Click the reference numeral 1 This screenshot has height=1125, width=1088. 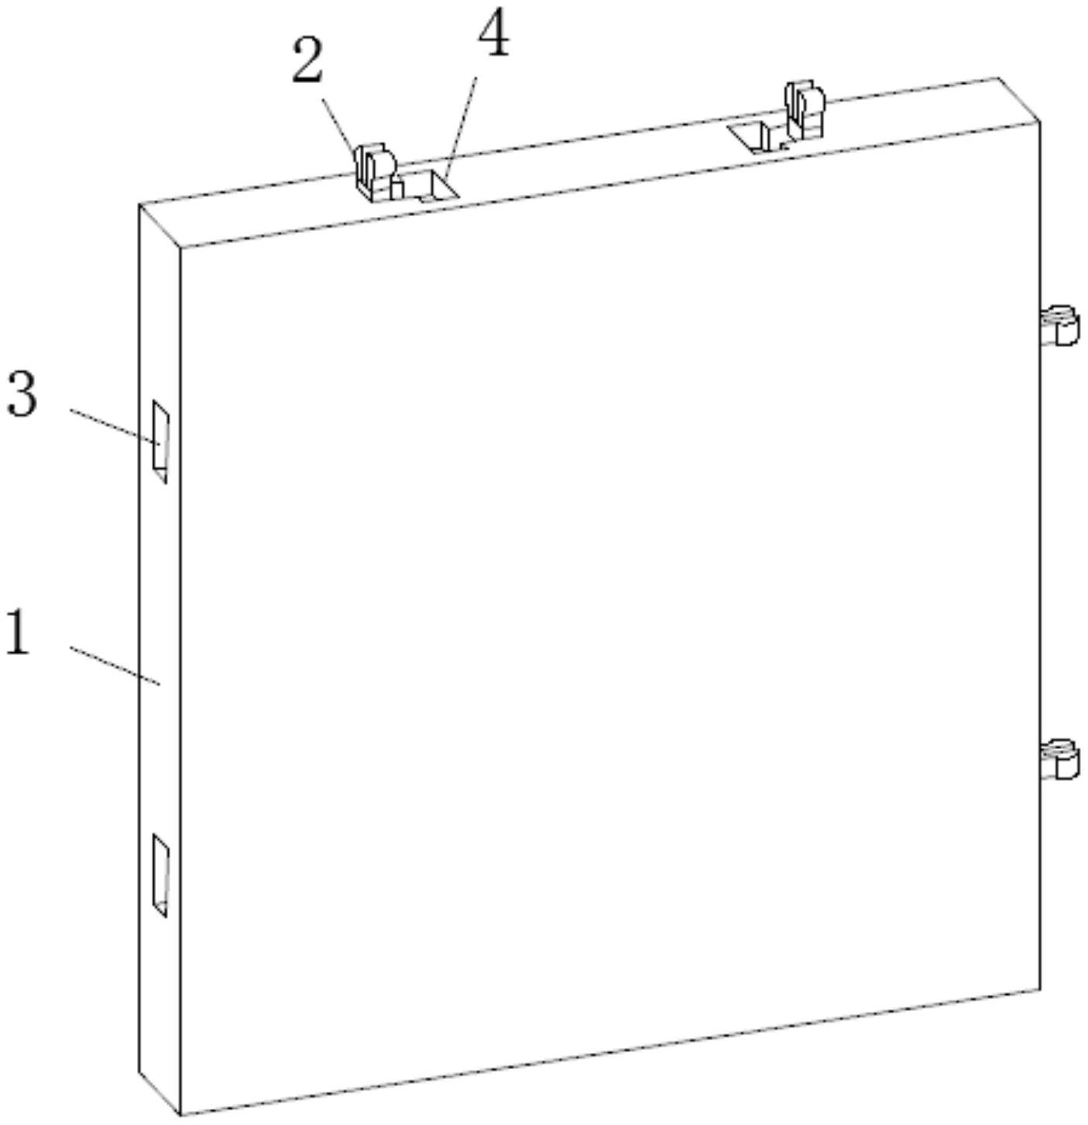click(18, 634)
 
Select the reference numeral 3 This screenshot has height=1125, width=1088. click(22, 394)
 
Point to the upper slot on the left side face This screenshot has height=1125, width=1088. click(160, 441)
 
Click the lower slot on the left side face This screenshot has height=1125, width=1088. click(160, 874)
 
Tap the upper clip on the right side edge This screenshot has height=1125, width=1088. click(1061, 325)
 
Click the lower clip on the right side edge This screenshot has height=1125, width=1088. click(1061, 759)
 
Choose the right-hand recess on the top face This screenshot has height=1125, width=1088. click(755, 135)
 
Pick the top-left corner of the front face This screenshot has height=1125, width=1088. click(180, 248)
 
